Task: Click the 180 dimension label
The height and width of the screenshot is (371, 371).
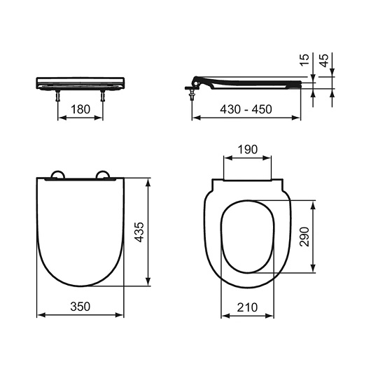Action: point(80,109)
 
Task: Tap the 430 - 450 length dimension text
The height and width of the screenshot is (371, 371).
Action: point(246,109)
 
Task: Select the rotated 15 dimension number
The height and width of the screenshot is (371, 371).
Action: point(304,59)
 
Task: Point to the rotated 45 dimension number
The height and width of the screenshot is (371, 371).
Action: point(324,60)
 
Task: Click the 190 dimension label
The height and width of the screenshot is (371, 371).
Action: point(248,150)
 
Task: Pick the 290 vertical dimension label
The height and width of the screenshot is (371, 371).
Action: point(304,237)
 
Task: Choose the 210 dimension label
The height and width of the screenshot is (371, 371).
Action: point(247,307)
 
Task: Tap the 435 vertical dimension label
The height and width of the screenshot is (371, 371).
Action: point(139,232)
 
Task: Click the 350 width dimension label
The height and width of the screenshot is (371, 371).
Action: point(80,307)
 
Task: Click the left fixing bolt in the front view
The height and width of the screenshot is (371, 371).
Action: point(57,95)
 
